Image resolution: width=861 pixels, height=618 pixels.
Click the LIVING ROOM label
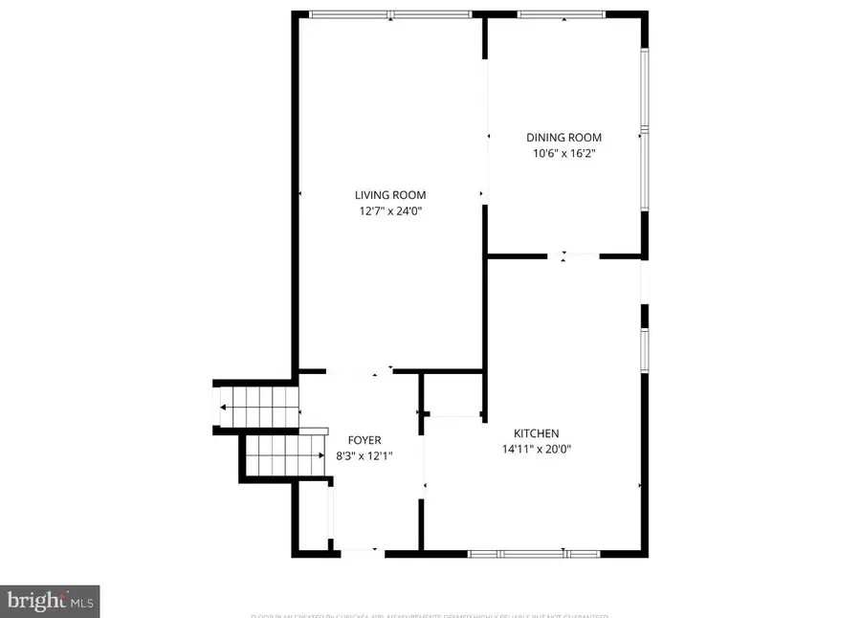point(389,195)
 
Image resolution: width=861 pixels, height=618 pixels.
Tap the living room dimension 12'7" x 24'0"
point(389,211)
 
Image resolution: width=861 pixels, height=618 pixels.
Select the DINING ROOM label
point(564,138)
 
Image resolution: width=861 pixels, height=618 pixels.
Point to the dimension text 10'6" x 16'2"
point(564,154)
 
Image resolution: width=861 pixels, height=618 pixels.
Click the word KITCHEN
point(536,433)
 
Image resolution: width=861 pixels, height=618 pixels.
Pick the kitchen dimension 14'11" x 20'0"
point(536,450)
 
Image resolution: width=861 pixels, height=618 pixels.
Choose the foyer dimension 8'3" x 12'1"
point(364,456)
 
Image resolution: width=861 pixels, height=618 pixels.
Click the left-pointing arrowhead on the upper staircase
point(224,408)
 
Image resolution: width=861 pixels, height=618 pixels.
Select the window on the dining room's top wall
point(562,14)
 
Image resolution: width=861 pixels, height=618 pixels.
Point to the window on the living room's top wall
point(390,13)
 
